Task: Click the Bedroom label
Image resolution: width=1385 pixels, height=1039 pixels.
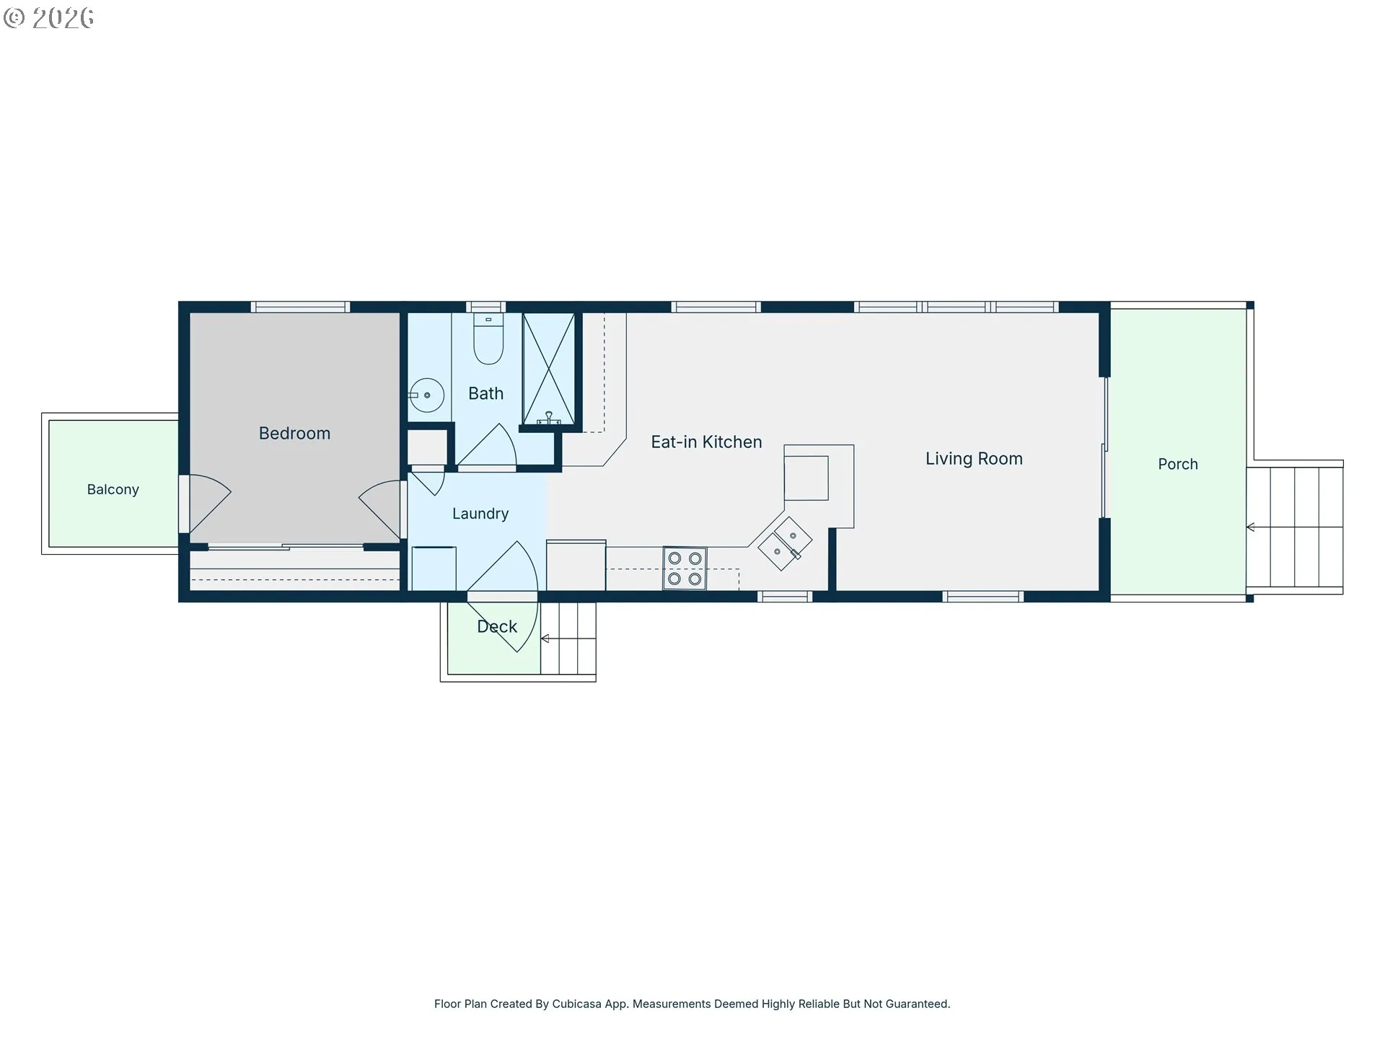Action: pos(294,433)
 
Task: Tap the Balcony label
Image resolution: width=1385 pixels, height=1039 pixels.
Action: pos(113,489)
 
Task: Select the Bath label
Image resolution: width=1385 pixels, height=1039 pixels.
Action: pos(485,393)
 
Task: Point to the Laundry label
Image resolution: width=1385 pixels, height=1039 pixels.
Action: pos(480,514)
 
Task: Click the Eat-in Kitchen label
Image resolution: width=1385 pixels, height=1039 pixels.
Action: pos(706,442)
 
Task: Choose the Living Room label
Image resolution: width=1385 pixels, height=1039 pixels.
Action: pos(974,459)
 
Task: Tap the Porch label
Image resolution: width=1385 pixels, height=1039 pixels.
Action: pos(1178,464)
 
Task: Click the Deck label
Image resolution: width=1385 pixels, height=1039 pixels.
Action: pos(497,626)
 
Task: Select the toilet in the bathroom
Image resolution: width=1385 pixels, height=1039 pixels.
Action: pos(488,338)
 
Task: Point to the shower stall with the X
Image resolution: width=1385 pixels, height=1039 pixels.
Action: pos(549,369)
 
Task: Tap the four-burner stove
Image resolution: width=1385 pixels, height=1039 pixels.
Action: pos(685,569)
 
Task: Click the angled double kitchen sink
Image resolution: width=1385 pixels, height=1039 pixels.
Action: pos(785,544)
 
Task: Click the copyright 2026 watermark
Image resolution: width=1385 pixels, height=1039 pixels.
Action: pos(48,18)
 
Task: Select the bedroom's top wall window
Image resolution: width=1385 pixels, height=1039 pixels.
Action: pos(300,307)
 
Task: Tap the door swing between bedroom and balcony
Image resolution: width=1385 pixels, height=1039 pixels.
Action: pos(209,503)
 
